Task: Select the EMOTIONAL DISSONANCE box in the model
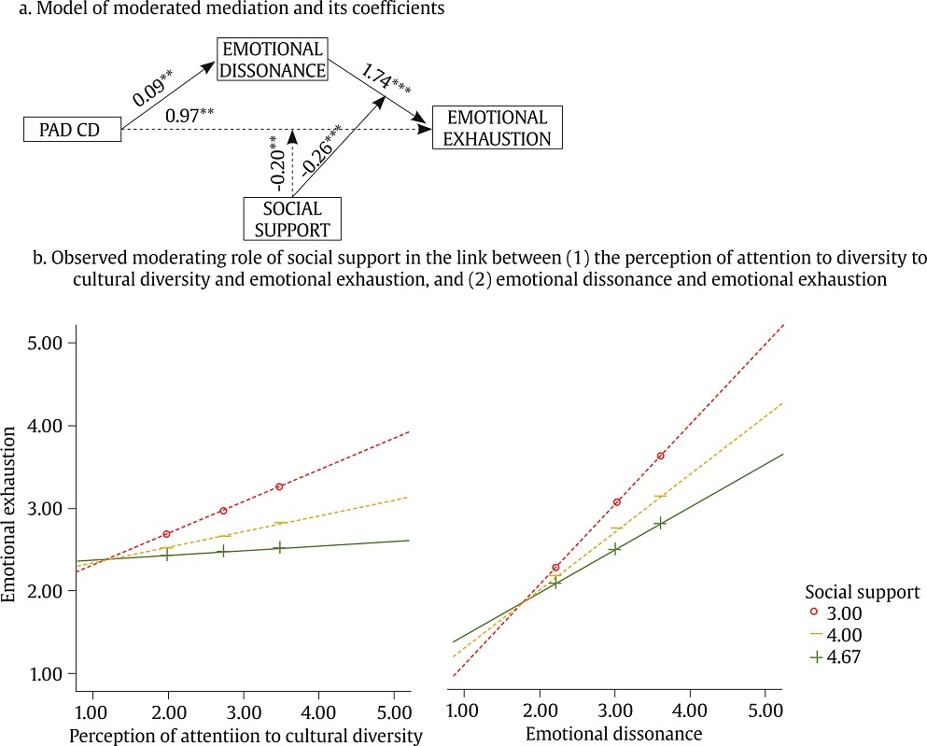tap(271, 59)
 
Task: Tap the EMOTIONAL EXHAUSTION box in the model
tap(497, 128)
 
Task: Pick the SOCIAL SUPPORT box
tap(292, 218)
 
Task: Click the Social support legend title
tap(862, 592)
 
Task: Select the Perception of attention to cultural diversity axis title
tap(246, 735)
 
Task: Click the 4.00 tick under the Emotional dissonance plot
tap(689, 708)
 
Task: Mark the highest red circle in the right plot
tap(661, 456)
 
